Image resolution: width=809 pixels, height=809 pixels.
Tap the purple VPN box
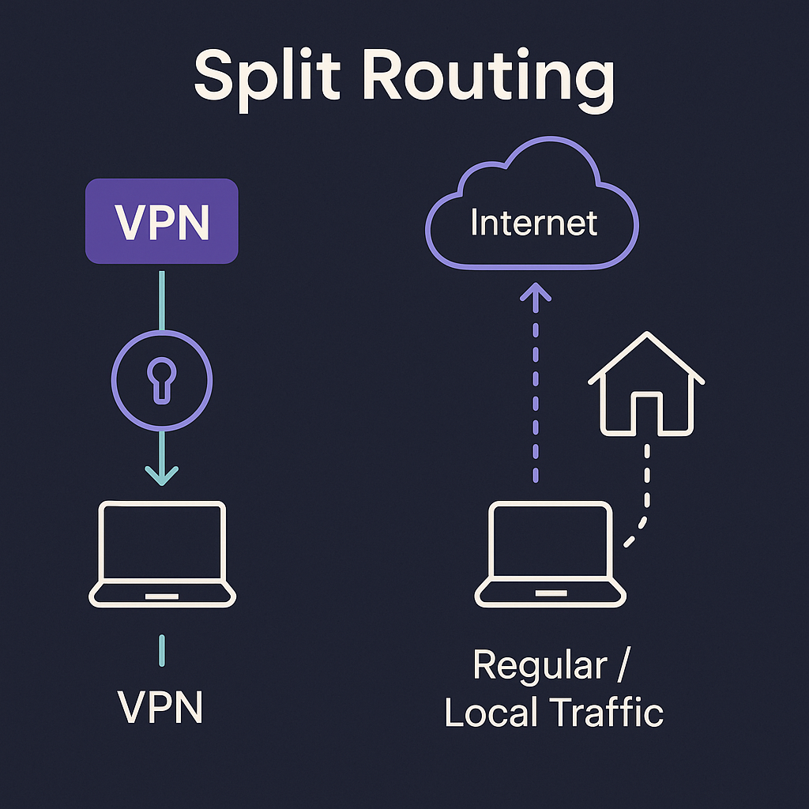tap(161, 221)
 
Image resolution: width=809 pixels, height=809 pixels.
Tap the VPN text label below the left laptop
tap(161, 707)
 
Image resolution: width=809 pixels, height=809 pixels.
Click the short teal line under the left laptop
tap(161, 649)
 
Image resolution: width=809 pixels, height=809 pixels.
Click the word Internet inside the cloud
tap(533, 224)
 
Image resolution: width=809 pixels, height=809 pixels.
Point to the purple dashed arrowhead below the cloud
tap(536, 294)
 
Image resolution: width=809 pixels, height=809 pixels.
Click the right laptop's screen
tap(551, 544)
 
